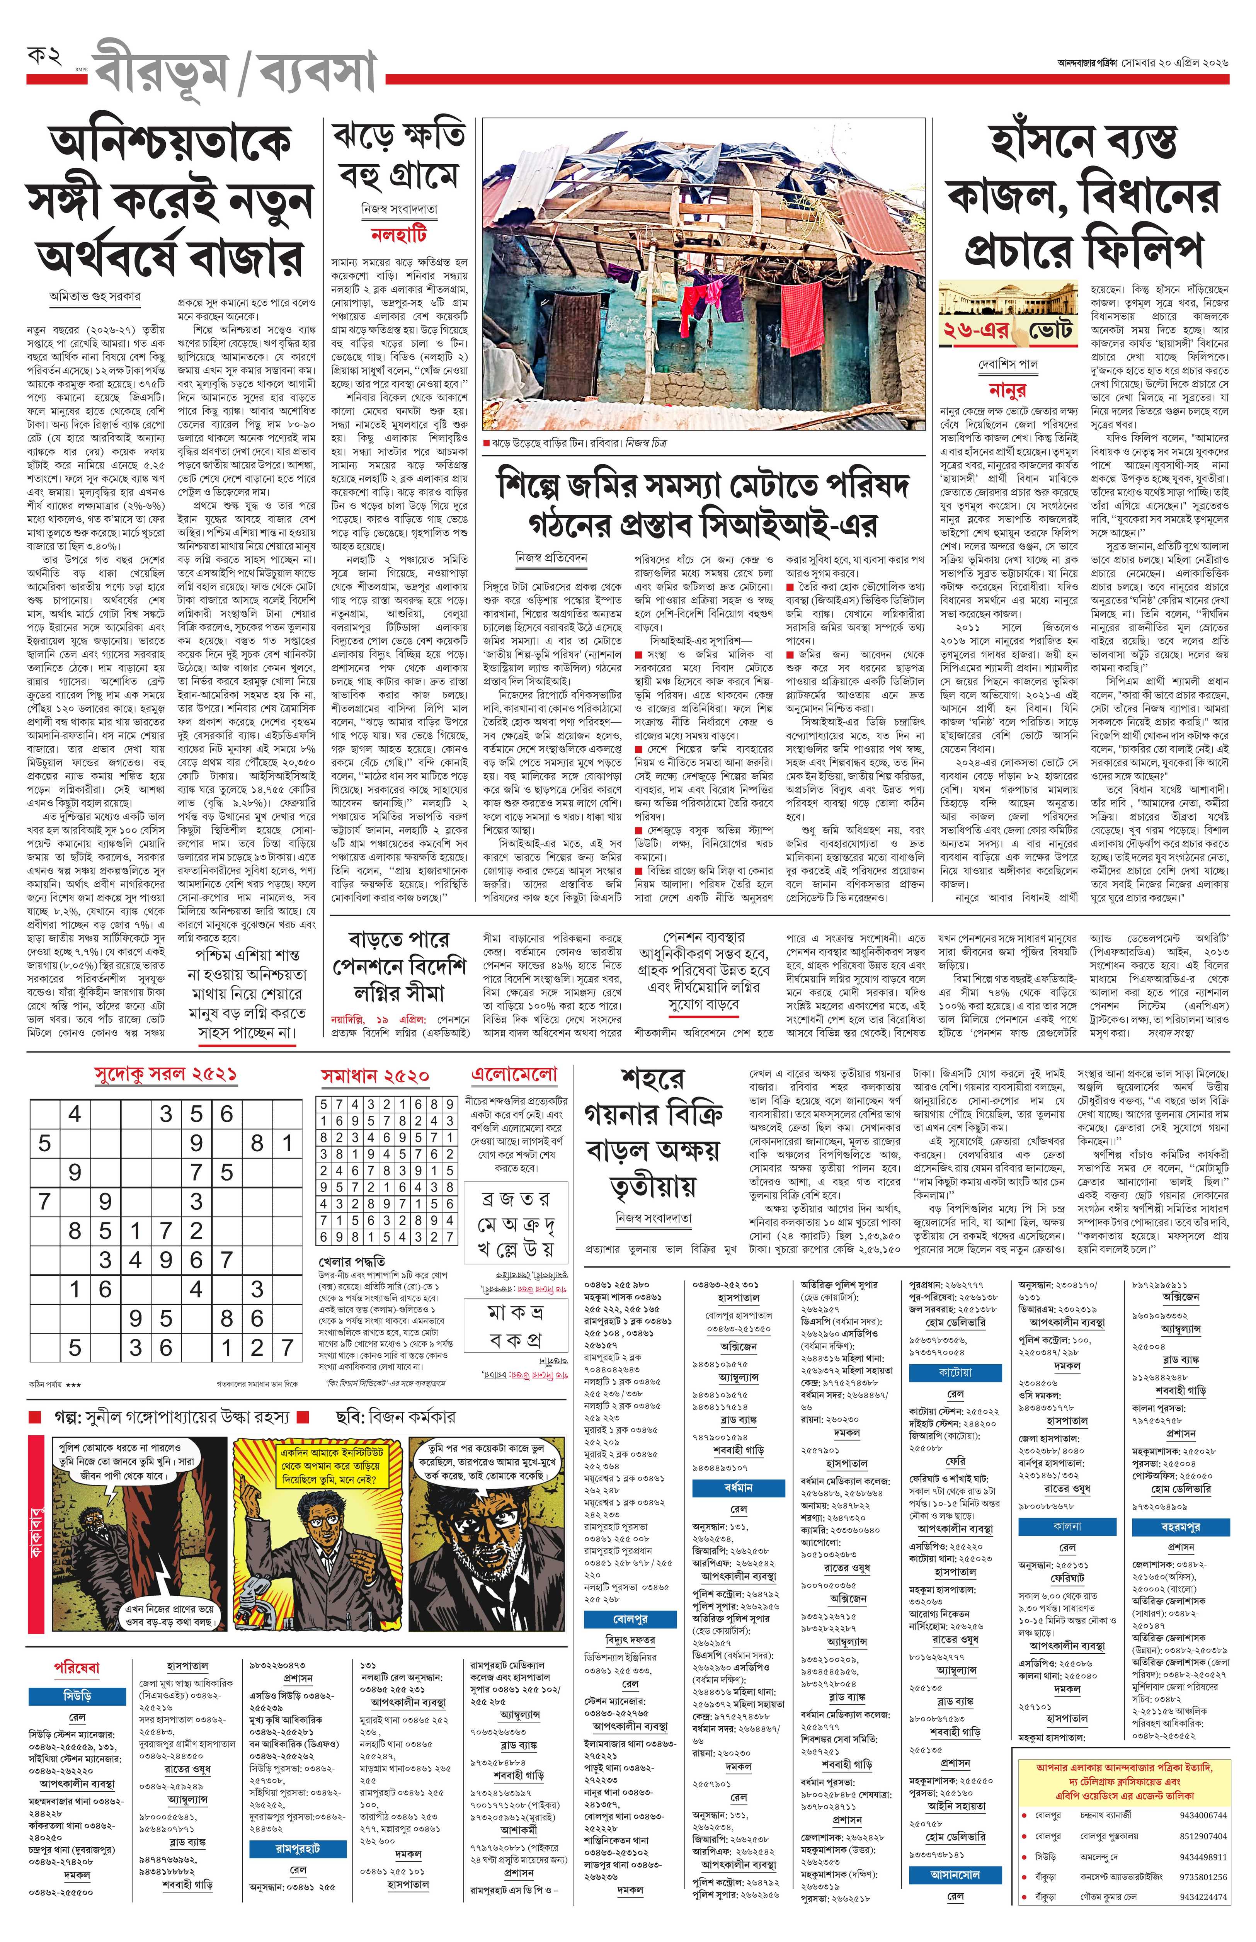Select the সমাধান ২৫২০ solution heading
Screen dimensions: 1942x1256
click(374, 1076)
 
